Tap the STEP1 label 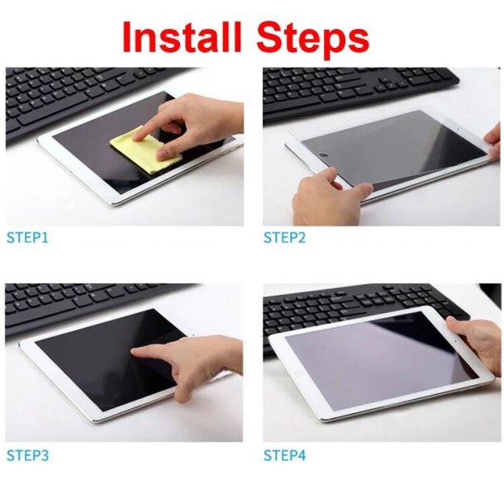click(x=28, y=238)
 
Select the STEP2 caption click(x=285, y=238)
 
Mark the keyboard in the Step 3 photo click(x=74, y=306)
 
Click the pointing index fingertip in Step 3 click(x=137, y=350)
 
